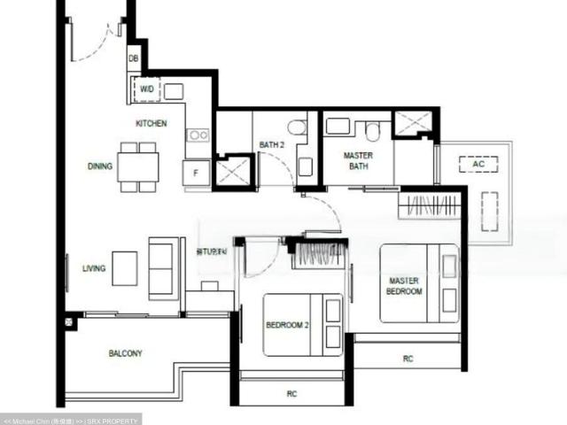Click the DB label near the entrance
[134, 59]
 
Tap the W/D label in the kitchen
[146, 89]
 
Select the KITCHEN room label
[151, 124]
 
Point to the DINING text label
[99, 166]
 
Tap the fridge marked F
[196, 173]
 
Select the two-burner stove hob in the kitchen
[198, 135]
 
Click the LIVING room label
[95, 267]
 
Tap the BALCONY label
[125, 353]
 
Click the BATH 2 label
[271, 144]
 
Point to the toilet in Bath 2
[297, 128]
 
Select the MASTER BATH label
[357, 161]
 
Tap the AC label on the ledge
[479, 165]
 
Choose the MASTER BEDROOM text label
[404, 286]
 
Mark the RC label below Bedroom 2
[291, 393]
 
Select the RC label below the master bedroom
[408, 359]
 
